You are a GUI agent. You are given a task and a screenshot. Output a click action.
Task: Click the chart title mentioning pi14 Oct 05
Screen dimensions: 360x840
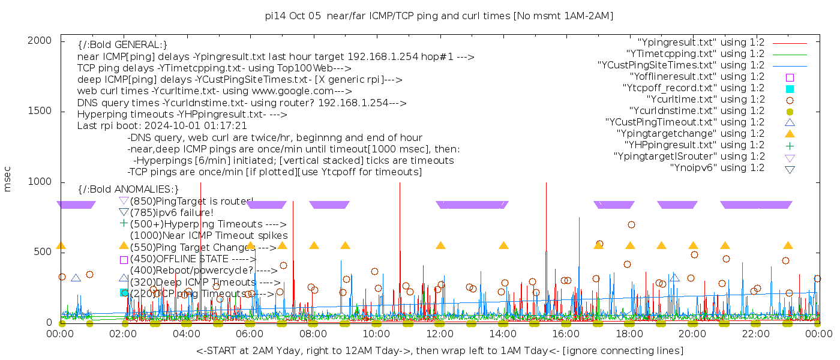439,16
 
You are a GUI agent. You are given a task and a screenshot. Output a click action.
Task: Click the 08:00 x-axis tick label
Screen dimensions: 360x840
313,334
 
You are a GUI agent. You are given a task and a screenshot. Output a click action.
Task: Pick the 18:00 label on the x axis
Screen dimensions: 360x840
629,334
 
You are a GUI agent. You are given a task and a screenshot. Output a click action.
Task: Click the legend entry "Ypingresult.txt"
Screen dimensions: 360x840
701,43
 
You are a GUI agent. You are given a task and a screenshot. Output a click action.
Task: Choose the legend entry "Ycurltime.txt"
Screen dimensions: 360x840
706,100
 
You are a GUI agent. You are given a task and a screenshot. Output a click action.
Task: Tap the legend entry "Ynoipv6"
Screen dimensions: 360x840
717,168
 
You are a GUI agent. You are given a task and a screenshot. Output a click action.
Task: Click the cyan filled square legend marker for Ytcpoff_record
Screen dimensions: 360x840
790,89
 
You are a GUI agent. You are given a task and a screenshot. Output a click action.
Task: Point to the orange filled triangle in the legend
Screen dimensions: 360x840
790,134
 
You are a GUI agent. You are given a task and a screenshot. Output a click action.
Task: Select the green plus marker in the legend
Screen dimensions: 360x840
790,145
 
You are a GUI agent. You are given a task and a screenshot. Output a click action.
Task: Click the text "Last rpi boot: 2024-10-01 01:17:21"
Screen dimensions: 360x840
162,126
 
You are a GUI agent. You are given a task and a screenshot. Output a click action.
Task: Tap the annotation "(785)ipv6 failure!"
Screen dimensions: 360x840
172,212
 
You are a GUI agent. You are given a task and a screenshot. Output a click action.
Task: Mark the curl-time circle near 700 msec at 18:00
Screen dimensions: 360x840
631,225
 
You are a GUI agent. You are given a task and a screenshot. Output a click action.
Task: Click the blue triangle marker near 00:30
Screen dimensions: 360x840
76,278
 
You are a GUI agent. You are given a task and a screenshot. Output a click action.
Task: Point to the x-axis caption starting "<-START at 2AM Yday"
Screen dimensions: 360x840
439,350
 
